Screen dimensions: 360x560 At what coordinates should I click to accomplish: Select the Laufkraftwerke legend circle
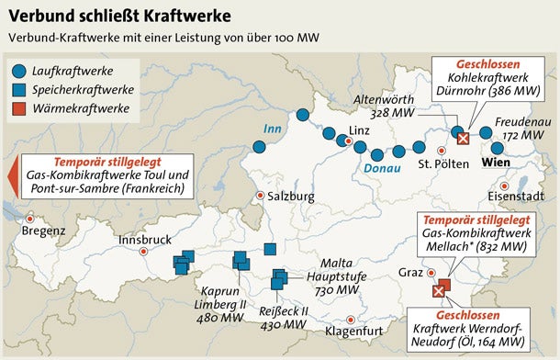(x=20, y=69)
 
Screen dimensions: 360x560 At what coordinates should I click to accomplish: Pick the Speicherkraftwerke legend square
(x=20, y=90)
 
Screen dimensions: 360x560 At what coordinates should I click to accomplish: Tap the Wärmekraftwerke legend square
(x=20, y=110)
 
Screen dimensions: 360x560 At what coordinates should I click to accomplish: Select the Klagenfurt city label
(x=353, y=330)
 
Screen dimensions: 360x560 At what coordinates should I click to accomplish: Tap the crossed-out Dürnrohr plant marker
(x=464, y=138)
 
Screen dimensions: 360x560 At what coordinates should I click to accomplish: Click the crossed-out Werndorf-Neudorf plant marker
(x=438, y=291)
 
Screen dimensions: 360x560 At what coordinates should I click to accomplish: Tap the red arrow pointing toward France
(x=10, y=174)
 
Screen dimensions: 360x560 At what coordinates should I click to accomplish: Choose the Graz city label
(x=409, y=273)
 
